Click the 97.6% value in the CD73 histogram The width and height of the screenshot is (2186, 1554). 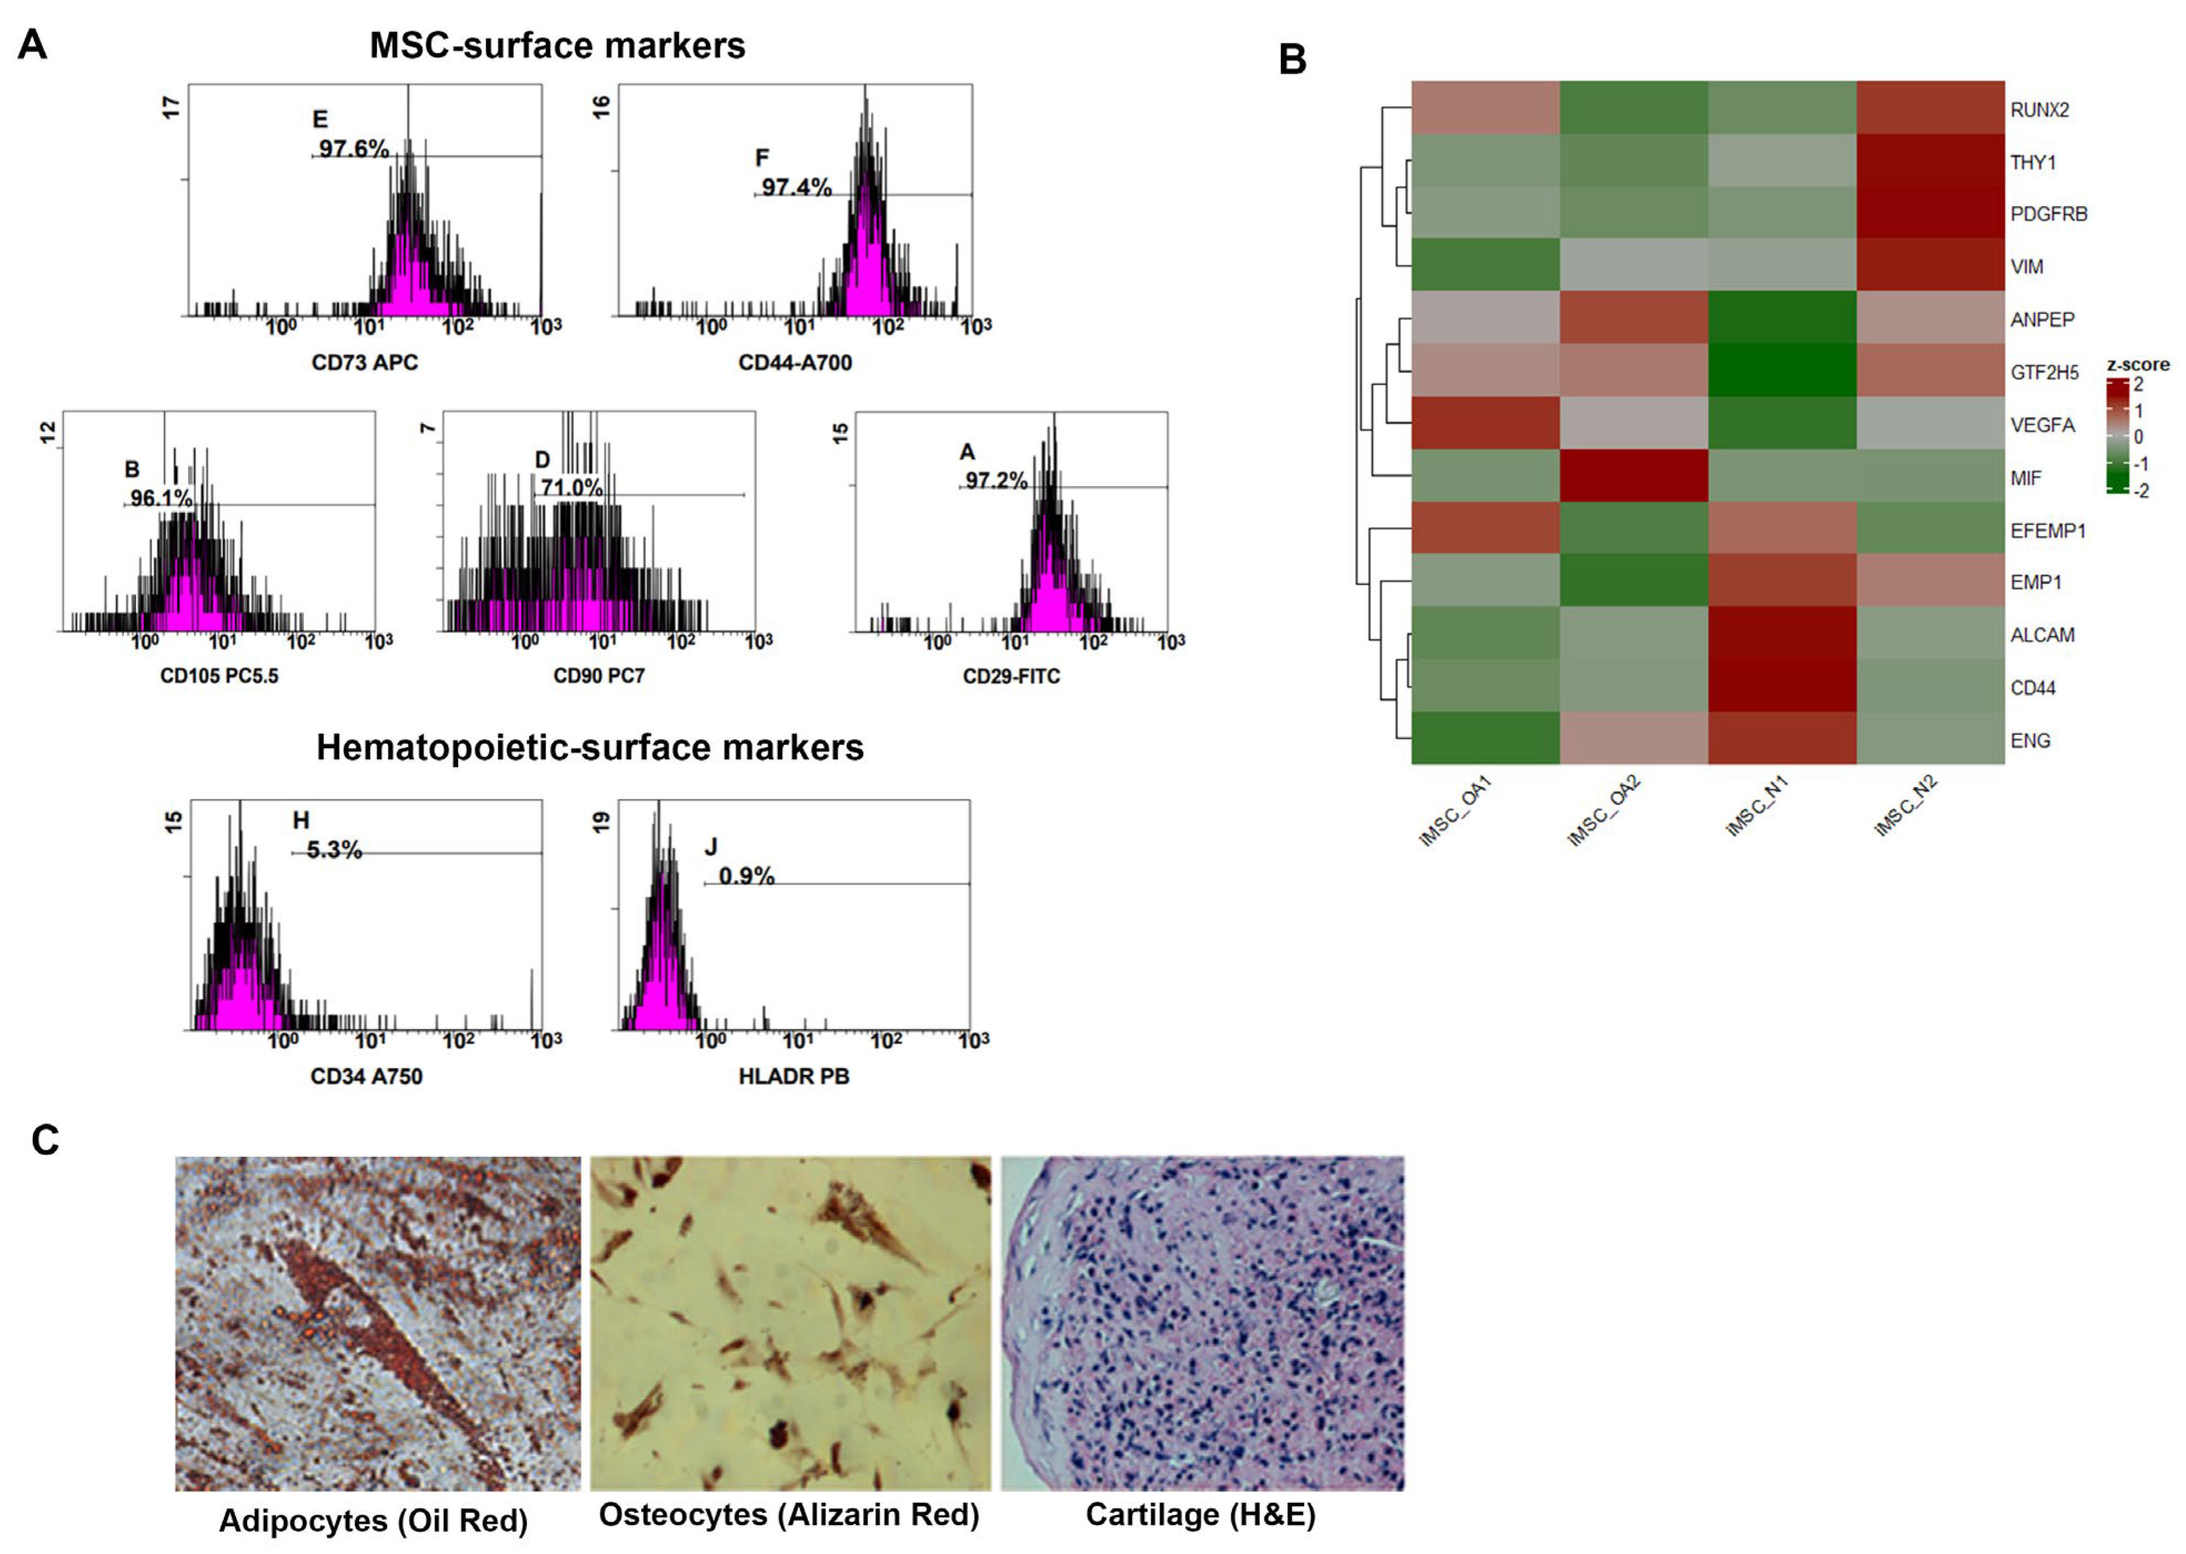pos(353,149)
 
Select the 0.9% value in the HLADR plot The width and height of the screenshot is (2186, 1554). pos(746,875)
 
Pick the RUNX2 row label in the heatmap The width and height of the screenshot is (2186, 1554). pos(2039,110)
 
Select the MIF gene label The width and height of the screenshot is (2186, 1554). pos(2025,478)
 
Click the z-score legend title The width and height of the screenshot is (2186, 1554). pos(2137,364)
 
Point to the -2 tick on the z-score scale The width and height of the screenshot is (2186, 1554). pos(2141,491)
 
